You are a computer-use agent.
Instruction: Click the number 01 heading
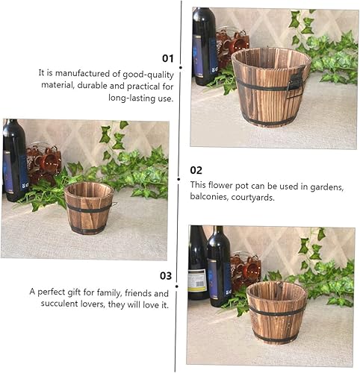[x=167, y=57]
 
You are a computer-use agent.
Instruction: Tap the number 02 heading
[x=196, y=170]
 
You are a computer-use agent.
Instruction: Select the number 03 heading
[x=166, y=275]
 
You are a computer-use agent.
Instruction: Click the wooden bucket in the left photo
[x=88, y=207]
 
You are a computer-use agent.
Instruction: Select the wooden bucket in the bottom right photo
[x=276, y=312]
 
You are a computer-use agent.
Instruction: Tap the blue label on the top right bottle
[x=204, y=55]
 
